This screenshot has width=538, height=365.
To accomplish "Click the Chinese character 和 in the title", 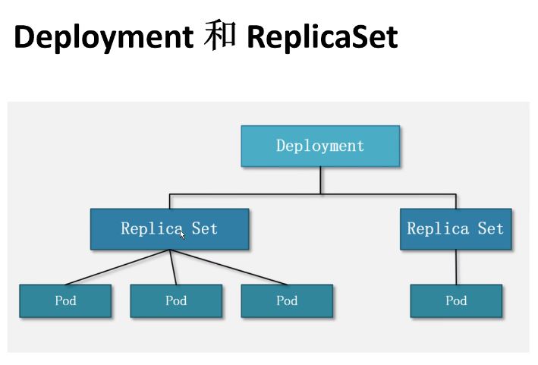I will [220, 36].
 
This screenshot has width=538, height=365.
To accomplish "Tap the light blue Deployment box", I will [320, 146].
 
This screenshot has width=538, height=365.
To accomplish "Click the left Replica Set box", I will [169, 229].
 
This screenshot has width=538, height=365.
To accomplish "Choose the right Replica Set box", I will [455, 229].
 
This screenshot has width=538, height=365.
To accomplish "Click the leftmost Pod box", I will [65, 300].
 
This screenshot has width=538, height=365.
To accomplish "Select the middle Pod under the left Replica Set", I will [176, 300].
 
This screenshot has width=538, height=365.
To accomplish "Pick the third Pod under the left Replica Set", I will [287, 300].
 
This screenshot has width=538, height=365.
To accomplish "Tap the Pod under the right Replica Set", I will [456, 300].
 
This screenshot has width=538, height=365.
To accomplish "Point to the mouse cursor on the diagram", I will [182, 234].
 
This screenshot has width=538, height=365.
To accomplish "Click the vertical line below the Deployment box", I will [320, 181].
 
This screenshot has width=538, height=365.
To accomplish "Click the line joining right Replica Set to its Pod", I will [456, 267].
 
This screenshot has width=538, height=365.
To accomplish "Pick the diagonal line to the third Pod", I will [228, 267].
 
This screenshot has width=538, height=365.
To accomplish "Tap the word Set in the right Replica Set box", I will [490, 228].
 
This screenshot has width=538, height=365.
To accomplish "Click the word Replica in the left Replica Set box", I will [152, 228].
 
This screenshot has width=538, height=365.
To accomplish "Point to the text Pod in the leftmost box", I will [65, 300].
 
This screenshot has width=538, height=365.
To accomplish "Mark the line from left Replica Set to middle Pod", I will [173, 267].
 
